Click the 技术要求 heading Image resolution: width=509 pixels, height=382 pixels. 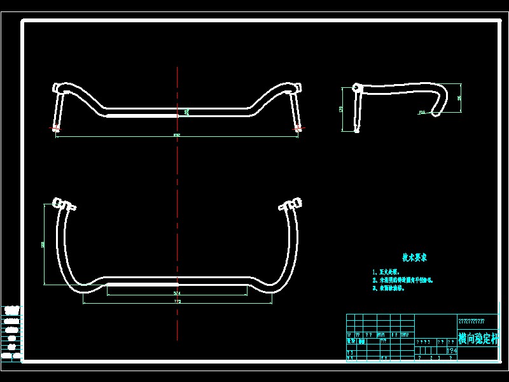click(414, 258)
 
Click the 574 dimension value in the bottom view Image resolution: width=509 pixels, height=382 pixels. click(178, 293)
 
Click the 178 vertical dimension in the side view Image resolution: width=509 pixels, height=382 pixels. click(341, 110)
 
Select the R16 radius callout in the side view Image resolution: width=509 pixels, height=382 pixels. click(422, 112)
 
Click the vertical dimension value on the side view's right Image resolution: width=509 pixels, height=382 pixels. click(459, 98)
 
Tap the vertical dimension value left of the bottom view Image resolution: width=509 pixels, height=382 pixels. click(43, 243)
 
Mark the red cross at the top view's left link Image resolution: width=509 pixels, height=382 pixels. click(56, 129)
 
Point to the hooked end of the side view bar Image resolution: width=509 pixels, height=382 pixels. click(436, 113)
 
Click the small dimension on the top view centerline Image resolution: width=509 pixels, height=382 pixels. click(186, 112)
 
